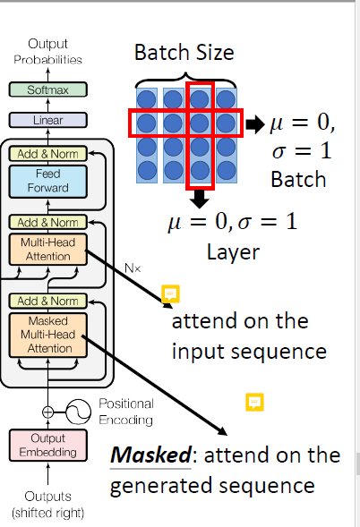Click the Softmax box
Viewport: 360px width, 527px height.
point(46,89)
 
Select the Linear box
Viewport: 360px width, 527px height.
point(46,119)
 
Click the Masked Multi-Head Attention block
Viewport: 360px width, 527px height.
point(46,334)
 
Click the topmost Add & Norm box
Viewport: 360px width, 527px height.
point(46,153)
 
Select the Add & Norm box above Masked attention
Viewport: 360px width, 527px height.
point(46,300)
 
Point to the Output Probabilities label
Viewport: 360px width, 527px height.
point(47,51)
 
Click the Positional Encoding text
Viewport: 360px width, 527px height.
point(126,412)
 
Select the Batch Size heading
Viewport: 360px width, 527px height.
point(184,53)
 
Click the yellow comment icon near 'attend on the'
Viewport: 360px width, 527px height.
point(169,293)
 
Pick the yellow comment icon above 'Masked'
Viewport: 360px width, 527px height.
point(255,403)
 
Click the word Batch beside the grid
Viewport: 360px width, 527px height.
point(300,179)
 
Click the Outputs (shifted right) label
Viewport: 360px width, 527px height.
point(47,505)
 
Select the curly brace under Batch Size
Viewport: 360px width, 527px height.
point(185,75)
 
